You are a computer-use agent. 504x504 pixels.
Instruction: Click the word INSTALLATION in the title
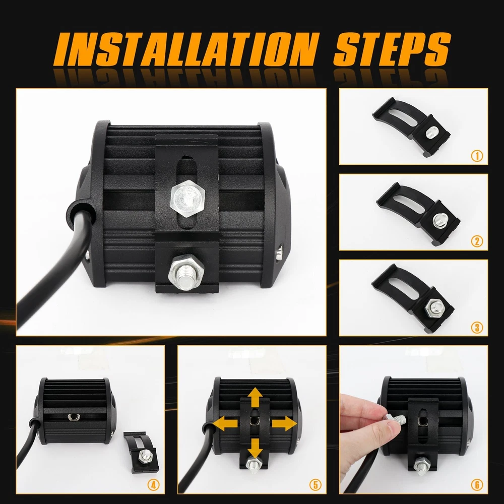tap(187, 49)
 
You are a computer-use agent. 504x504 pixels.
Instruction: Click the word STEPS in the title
tap(392, 49)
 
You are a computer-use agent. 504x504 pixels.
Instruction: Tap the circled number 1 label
tap(477, 156)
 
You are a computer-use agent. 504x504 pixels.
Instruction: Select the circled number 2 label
tap(477, 241)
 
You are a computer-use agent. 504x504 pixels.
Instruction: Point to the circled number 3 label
tap(477, 327)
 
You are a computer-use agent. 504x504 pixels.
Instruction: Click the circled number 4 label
tap(154, 485)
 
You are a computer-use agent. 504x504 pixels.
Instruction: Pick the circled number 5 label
tap(316, 485)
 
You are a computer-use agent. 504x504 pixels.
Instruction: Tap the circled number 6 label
tap(477, 485)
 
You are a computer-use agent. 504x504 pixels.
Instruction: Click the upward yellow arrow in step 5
tap(256, 398)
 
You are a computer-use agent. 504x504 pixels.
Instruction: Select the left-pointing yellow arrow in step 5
tap(225, 424)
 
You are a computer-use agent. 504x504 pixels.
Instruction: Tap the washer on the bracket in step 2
tap(439, 220)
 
